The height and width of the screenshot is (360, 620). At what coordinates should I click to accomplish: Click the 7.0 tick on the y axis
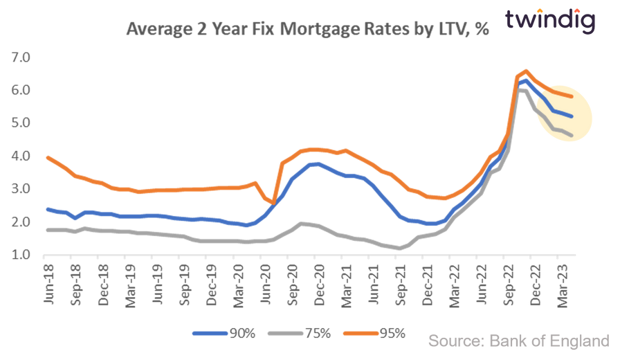(x=20, y=57)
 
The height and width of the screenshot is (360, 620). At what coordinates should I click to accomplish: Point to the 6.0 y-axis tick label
(x=20, y=90)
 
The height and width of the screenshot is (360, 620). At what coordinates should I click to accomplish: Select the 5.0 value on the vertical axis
(x=20, y=123)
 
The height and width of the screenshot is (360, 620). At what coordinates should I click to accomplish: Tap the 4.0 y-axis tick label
(x=20, y=156)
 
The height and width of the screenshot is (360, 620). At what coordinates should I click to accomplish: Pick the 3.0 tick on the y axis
(x=20, y=188)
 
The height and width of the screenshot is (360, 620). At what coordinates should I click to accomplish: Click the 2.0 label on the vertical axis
(x=20, y=222)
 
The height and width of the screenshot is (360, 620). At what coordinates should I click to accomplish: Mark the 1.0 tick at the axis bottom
(x=20, y=254)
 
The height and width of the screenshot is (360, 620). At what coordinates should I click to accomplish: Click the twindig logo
(x=549, y=21)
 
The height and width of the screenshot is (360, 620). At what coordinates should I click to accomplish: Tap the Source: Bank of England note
(x=519, y=340)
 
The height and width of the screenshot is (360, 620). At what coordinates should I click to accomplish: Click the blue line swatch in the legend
(x=209, y=334)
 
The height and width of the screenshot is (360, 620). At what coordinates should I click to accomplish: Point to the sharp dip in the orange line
(x=271, y=203)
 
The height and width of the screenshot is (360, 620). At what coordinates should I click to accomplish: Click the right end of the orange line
(x=572, y=96)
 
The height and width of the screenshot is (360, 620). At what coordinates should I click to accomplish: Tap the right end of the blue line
(x=572, y=116)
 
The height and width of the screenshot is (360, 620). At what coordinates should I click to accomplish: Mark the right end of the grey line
(x=572, y=134)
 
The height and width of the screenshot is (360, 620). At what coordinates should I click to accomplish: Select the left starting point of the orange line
(x=46, y=157)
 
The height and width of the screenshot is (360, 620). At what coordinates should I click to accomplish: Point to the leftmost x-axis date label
(x=49, y=271)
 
